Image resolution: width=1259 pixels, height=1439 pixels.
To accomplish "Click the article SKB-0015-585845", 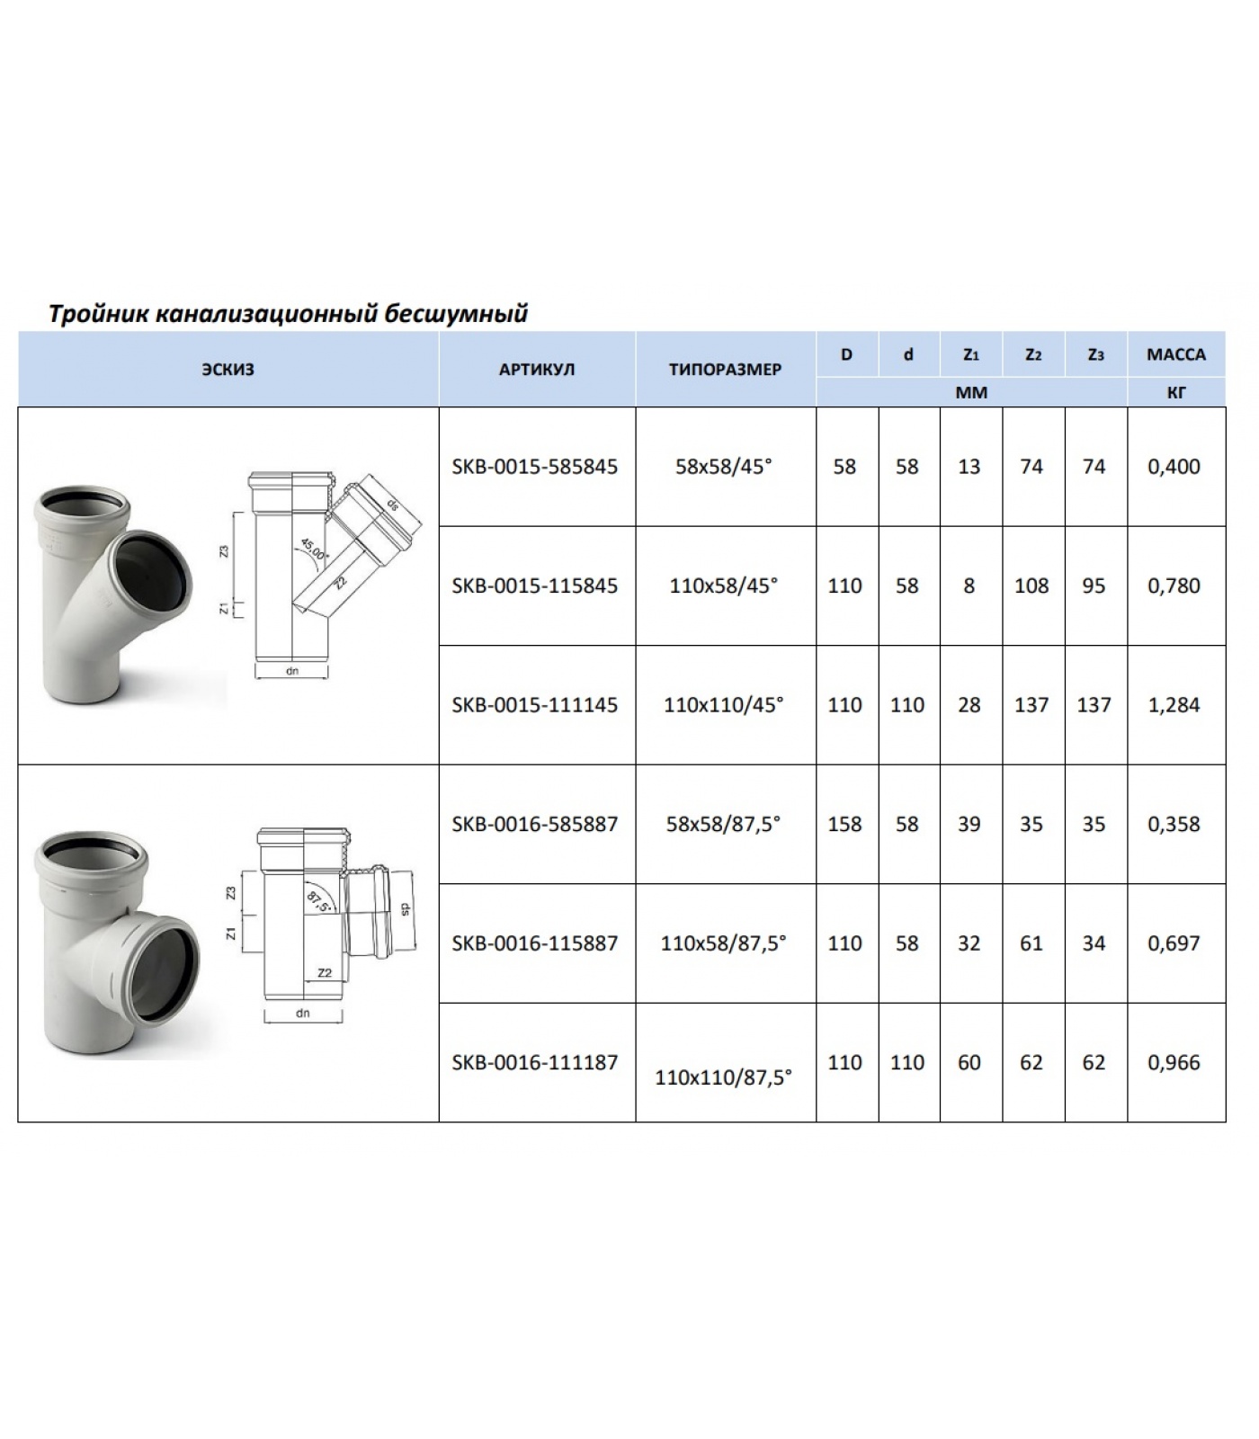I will tap(535, 467).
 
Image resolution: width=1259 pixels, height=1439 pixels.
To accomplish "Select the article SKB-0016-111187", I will tap(535, 1062).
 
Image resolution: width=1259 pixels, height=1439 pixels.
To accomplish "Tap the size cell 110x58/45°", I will tap(724, 585).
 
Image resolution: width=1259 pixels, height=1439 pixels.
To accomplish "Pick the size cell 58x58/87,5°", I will tap(724, 824).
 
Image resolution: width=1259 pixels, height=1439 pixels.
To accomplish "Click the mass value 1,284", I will tap(1174, 705).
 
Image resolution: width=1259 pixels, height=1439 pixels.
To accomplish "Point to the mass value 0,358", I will tap(1174, 824).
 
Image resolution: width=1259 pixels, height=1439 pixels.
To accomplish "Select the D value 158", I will tap(845, 824).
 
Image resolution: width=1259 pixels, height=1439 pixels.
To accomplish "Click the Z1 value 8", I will tap(969, 585).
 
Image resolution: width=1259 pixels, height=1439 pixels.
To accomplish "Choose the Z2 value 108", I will tap(1031, 585).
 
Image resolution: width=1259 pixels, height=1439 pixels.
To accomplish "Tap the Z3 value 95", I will tap(1094, 585).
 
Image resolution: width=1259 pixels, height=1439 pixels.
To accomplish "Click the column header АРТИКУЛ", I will tap(537, 370).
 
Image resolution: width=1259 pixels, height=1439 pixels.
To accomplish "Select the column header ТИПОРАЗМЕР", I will tap(725, 370).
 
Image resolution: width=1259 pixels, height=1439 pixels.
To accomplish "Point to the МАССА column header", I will tap(1175, 354).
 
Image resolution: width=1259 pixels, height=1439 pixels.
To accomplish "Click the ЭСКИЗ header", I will tap(228, 370).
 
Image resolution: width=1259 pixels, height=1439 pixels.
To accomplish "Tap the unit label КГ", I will tap(1175, 392).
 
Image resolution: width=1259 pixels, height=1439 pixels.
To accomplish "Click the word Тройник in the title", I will tap(97, 314).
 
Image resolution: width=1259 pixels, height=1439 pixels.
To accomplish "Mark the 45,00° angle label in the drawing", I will tap(313, 549).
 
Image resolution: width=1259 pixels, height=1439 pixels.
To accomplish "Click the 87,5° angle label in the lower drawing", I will tap(317, 902).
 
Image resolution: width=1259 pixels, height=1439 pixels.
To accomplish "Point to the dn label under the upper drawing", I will tap(292, 671).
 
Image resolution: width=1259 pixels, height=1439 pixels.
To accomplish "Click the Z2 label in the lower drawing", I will tap(325, 972).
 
